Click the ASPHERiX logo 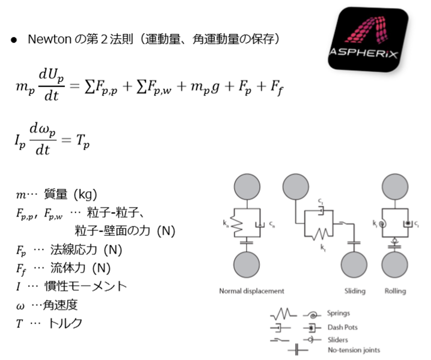(368, 39)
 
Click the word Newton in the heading (50, 39)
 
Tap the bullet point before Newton (14, 40)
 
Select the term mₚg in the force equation (205, 87)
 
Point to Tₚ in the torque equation (83, 141)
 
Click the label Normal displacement (251, 291)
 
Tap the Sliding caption (355, 291)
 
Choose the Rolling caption (395, 291)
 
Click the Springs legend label (339, 313)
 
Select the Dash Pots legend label (343, 327)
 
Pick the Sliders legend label (338, 340)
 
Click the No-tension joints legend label (354, 350)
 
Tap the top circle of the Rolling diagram (395, 186)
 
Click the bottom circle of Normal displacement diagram (247, 264)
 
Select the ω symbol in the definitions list (20, 306)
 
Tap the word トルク (65, 323)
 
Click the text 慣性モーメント (86, 286)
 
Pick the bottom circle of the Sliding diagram (354, 264)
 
